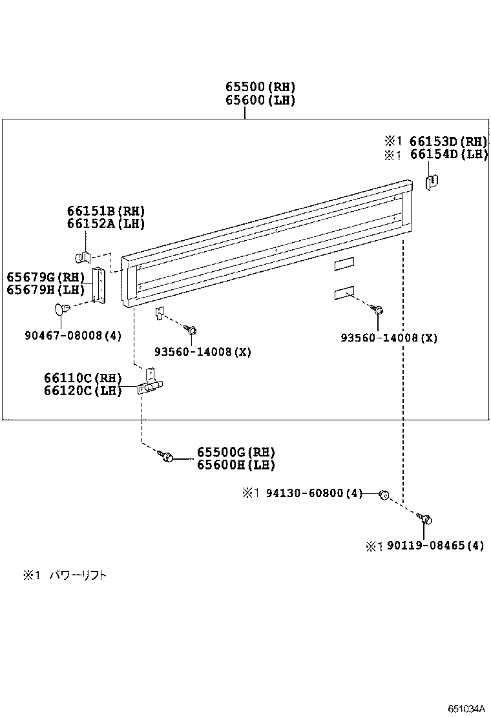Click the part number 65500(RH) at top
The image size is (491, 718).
point(260,87)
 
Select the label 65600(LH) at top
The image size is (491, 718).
point(260,100)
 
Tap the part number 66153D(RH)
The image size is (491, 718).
point(448,141)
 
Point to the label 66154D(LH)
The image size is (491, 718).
point(448,154)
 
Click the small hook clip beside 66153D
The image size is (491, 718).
point(432,183)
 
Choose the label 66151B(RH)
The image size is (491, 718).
point(105,211)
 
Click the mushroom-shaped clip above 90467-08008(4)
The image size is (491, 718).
point(63,309)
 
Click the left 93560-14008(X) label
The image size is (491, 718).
point(202,352)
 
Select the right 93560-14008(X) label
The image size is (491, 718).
point(389,338)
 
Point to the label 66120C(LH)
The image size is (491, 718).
point(83,391)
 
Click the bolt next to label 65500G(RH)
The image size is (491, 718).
point(167,457)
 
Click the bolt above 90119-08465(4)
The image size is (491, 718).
point(425,518)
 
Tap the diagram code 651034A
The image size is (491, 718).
point(466,708)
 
